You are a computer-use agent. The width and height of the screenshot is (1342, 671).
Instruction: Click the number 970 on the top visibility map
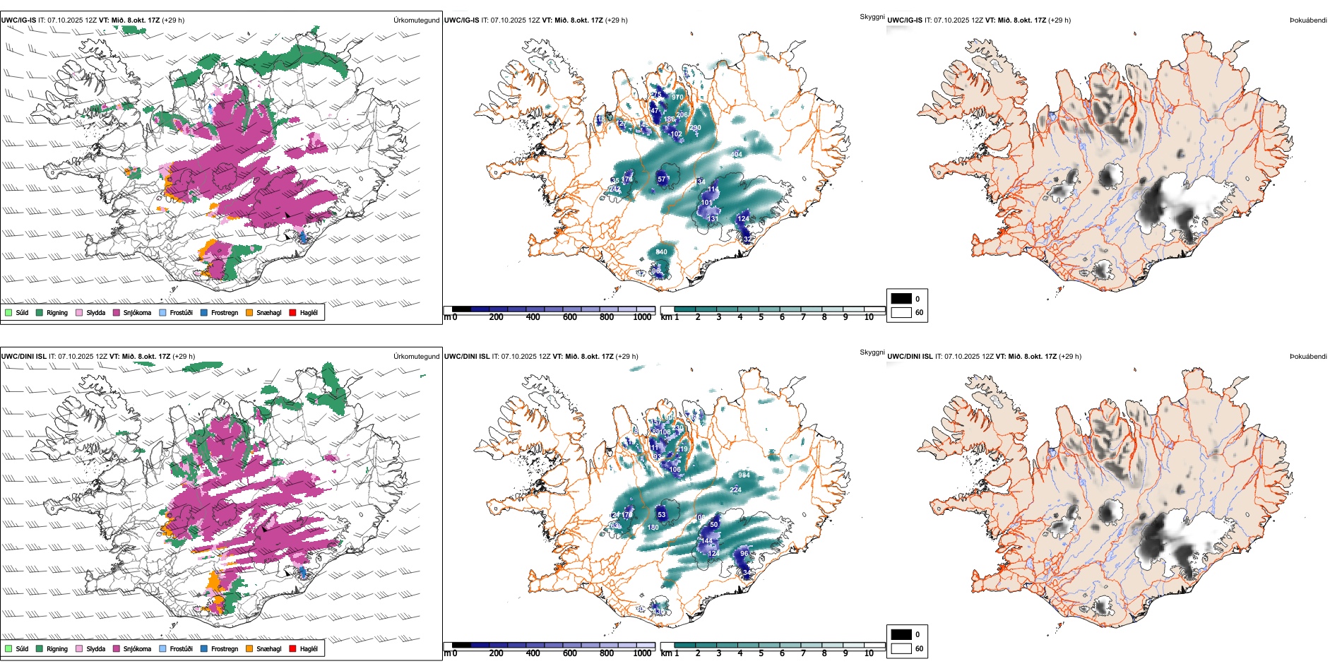tap(677, 97)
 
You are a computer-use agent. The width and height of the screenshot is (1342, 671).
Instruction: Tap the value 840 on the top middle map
tap(661, 252)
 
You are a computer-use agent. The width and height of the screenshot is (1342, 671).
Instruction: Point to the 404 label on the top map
tap(737, 155)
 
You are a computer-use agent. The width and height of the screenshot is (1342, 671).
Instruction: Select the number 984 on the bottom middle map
tap(744, 475)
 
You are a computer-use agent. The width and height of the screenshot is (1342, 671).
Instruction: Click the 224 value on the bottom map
tap(735, 489)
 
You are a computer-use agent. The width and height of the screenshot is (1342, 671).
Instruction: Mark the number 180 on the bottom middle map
tap(653, 528)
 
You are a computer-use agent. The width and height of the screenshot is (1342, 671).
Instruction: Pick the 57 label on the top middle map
tap(662, 179)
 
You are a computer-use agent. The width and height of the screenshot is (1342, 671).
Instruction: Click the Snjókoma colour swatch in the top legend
tap(117, 312)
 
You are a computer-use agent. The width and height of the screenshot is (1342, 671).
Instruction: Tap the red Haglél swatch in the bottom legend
tap(292, 648)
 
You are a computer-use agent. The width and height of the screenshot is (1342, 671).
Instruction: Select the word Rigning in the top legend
tap(57, 312)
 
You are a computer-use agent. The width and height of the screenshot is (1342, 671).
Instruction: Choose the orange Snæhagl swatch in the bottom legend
tap(249, 648)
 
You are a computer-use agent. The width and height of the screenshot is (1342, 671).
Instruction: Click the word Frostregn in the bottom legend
tap(225, 648)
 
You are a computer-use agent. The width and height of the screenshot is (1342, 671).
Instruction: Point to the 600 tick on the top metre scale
tap(570, 317)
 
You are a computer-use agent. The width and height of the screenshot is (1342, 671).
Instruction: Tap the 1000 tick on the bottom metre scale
tap(642, 653)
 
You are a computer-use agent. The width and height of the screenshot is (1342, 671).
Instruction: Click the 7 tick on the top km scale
tap(803, 317)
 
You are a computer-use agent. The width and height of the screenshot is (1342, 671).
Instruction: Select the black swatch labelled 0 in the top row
tap(901, 299)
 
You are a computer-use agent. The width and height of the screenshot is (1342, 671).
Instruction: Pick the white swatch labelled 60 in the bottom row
tap(901, 648)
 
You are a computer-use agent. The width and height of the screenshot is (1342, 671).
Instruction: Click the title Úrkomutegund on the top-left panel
tap(416, 20)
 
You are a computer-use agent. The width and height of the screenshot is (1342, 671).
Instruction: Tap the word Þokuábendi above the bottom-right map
tap(1308, 356)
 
